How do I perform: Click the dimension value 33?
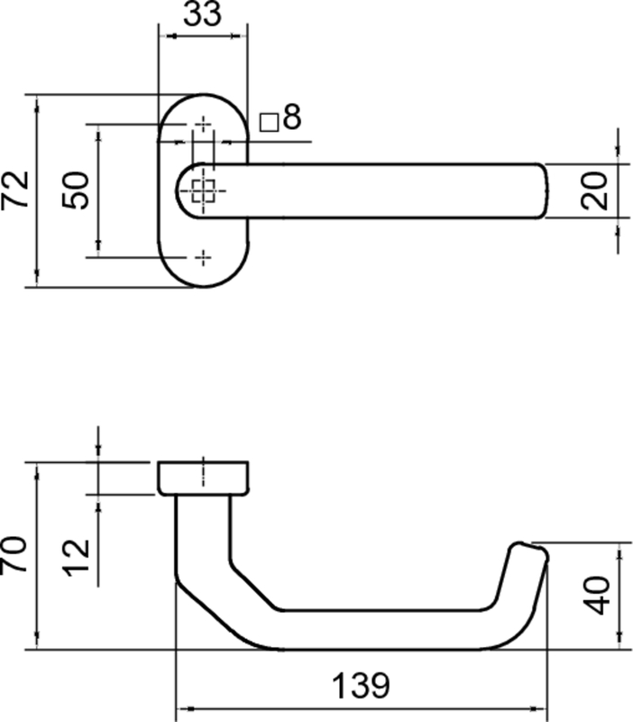tap(203, 16)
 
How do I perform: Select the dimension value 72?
tap(17, 190)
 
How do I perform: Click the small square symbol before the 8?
tap(268, 121)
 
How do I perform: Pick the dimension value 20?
tap(596, 190)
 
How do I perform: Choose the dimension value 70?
tap(15, 554)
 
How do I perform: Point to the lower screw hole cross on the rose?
tap(204, 257)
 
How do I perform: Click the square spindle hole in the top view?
tap(204, 190)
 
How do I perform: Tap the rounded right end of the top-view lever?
tap(539, 190)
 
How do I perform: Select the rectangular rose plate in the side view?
tap(203, 477)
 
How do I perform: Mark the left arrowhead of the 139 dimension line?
tap(181, 708)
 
